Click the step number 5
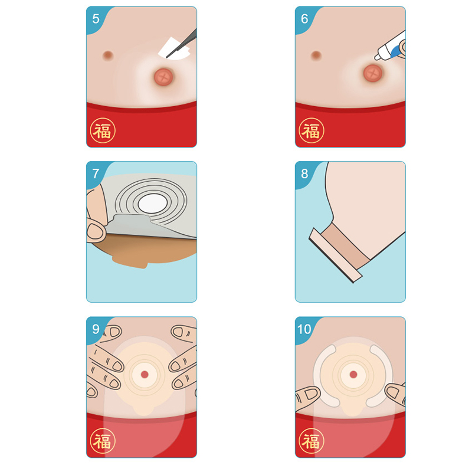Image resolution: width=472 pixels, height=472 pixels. [96, 19]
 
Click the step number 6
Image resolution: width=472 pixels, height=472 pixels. [304, 19]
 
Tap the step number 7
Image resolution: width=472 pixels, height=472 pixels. [96, 173]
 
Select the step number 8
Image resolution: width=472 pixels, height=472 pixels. [304, 173]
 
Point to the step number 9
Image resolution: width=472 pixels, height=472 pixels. [96, 329]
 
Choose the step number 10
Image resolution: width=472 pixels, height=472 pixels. [304, 329]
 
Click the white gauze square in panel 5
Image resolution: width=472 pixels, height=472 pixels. [174, 49]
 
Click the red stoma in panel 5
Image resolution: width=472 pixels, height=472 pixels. [163, 77]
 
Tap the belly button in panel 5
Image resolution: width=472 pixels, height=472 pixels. [108, 55]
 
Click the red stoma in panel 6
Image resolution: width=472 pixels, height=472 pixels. [373, 73]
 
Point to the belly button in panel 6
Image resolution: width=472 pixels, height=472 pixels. [316, 55]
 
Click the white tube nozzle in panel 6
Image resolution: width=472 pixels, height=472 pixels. [379, 54]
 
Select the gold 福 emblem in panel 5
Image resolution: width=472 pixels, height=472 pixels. [103, 130]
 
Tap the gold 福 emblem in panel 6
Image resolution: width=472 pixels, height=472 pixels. [312, 130]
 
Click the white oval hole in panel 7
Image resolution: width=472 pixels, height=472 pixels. [153, 204]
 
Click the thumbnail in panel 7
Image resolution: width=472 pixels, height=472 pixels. [96, 231]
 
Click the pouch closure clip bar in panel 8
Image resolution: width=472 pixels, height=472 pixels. [335, 255]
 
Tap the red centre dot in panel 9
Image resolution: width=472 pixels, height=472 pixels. [145, 375]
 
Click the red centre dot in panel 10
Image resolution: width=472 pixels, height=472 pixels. [353, 375]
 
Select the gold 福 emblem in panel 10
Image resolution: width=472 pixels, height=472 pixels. [312, 441]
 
